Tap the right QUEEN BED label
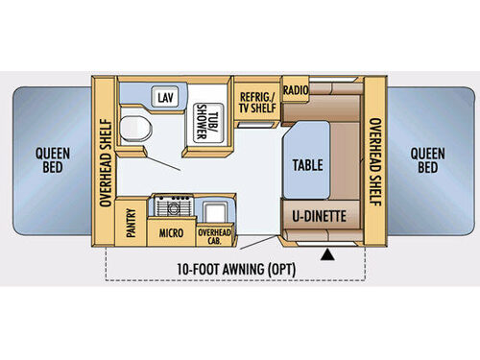tap(428, 160)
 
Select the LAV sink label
tap(165, 98)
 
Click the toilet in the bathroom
tap(136, 128)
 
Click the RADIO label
tap(295, 90)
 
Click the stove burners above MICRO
tap(175, 207)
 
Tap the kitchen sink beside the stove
tap(217, 208)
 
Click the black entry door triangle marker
tap(333, 255)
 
